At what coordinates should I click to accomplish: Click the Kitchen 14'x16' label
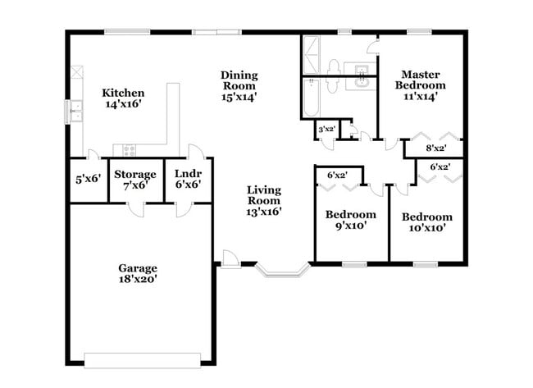pos(123,98)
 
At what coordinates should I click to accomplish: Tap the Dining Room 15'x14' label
pos(239,85)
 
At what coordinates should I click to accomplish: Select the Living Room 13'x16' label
pos(264,200)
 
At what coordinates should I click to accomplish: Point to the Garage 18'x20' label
pos(137,273)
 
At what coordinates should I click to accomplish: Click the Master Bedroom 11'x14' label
pos(420,84)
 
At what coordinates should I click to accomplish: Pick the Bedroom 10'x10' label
pos(426,222)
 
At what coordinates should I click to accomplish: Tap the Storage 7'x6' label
pos(134,180)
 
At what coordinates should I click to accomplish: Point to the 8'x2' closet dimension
pos(436,148)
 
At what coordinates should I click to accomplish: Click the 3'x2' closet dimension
pos(326,128)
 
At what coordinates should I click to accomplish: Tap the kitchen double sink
pos(75,111)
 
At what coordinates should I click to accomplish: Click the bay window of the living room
pos(282,270)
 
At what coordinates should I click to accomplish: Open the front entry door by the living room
pos(230,259)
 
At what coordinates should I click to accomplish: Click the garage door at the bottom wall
pos(143,358)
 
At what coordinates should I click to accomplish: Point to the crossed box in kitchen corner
pos(76,72)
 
